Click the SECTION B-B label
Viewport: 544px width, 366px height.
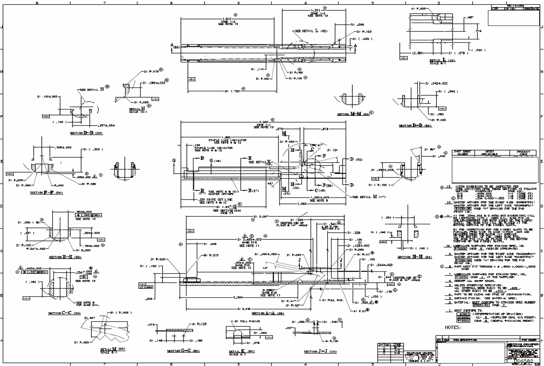[86, 133]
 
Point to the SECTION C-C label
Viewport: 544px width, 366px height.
[64, 313]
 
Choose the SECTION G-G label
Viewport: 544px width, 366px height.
[183, 351]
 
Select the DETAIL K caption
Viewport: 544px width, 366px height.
[242, 352]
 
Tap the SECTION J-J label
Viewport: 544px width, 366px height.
[320, 351]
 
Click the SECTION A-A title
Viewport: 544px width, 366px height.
[268, 313]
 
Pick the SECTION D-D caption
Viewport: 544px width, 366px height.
[415, 126]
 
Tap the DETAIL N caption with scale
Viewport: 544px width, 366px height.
[137, 110]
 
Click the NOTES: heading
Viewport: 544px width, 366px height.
[453, 327]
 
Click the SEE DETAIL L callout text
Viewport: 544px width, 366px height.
[311, 31]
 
